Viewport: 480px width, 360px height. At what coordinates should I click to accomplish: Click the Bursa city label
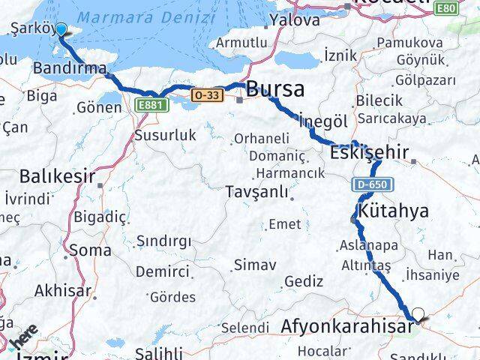coord(275,89)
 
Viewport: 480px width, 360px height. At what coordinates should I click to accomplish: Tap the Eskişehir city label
coord(370,153)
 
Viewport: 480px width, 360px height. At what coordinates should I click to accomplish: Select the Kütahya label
coord(394,211)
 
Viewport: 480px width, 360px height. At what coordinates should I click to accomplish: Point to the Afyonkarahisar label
coord(347,327)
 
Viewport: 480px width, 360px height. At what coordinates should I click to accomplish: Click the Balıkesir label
coord(57,177)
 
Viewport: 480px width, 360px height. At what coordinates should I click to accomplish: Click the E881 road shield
coord(151,107)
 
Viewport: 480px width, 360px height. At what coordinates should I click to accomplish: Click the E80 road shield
coord(446,8)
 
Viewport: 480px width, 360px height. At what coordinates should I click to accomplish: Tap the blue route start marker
coord(61,31)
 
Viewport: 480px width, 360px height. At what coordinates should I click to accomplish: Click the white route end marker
coord(418,315)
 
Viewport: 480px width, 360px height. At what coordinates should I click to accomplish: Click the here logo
coord(24,334)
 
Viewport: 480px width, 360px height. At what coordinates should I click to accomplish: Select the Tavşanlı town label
coord(257,192)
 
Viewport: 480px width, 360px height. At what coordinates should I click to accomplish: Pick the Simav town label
coord(255,265)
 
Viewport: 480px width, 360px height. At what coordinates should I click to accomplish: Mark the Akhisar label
coord(63,290)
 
